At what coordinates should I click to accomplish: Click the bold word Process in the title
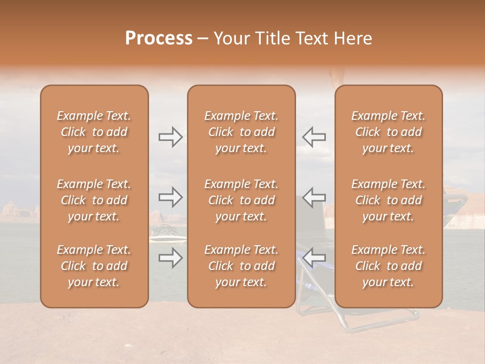tap(159, 38)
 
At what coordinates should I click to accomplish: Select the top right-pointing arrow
tap(170, 137)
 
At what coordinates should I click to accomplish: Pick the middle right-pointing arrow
tap(170, 197)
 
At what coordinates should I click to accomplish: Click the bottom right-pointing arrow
tap(170, 258)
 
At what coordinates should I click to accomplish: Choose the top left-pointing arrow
tap(314, 137)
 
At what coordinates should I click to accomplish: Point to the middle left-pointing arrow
tap(314, 197)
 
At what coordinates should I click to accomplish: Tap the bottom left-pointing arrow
tap(314, 257)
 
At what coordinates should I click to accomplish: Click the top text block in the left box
tap(94, 132)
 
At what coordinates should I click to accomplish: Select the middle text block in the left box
tap(94, 200)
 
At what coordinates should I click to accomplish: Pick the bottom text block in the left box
tap(94, 266)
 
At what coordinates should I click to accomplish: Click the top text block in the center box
tap(241, 132)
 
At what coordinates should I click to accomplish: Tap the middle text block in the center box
tap(241, 200)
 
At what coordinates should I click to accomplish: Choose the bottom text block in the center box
tap(241, 266)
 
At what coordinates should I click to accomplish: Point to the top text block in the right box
tap(388, 132)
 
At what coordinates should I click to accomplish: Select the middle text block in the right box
tap(388, 200)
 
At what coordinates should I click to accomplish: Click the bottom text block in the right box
tap(388, 266)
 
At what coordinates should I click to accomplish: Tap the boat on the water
tap(167, 234)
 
